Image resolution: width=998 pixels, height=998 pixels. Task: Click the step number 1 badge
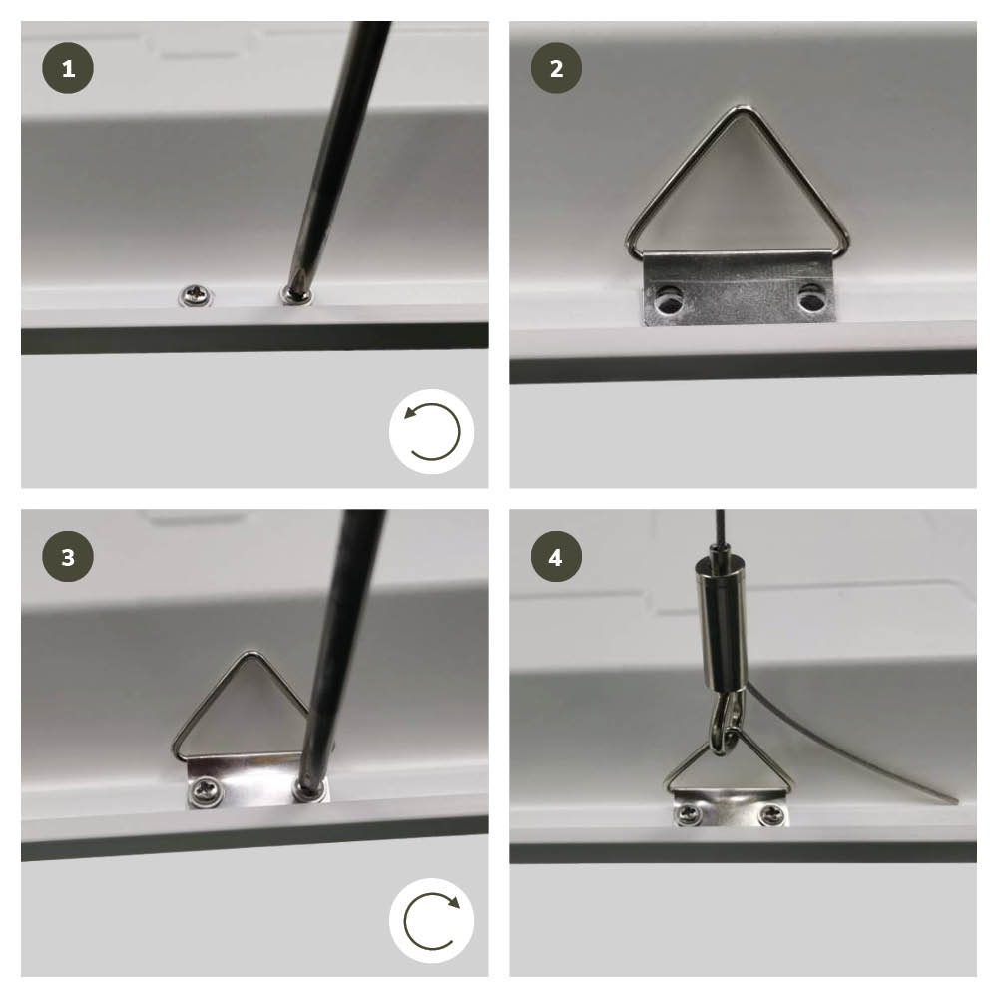tap(68, 68)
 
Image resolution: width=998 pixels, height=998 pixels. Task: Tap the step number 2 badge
tap(556, 68)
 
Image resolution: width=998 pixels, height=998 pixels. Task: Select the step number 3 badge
tap(68, 556)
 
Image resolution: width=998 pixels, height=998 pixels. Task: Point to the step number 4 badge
tap(556, 556)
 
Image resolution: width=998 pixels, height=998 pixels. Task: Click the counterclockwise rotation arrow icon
tap(432, 431)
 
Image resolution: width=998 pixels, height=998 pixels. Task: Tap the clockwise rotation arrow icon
tap(432, 920)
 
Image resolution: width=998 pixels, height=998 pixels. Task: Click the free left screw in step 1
tap(195, 295)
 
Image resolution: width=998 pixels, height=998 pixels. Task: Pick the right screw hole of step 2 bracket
tap(810, 297)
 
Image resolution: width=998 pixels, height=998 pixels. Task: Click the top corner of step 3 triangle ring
tap(252, 654)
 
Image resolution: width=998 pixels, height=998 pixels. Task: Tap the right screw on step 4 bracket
tap(772, 812)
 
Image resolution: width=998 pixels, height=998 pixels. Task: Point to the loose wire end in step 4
tap(955, 800)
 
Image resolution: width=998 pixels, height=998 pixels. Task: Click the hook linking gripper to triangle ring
tap(725, 723)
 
